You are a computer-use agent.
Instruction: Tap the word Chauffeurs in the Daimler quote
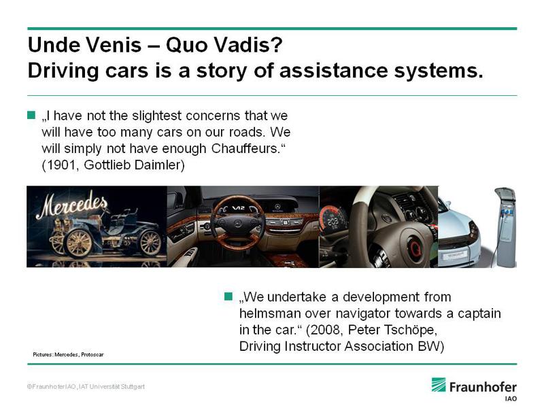(245, 148)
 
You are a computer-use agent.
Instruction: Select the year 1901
(61, 165)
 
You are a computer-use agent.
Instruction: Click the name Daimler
(158, 165)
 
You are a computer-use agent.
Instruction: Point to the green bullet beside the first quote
(31, 115)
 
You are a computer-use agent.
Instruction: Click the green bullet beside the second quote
(228, 296)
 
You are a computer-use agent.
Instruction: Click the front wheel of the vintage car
(79, 243)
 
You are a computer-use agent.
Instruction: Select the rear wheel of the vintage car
(150, 242)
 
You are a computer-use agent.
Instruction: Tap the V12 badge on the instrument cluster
(238, 208)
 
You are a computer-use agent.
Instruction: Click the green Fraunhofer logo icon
(439, 385)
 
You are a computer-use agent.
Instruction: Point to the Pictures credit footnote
(69, 354)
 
